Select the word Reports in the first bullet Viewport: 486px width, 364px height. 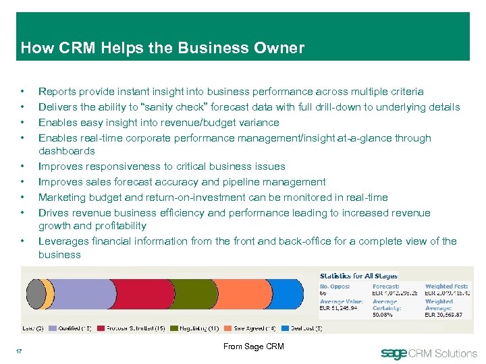click(x=57, y=91)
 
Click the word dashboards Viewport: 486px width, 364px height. click(x=67, y=151)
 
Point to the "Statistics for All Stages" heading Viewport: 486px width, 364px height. click(x=358, y=276)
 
